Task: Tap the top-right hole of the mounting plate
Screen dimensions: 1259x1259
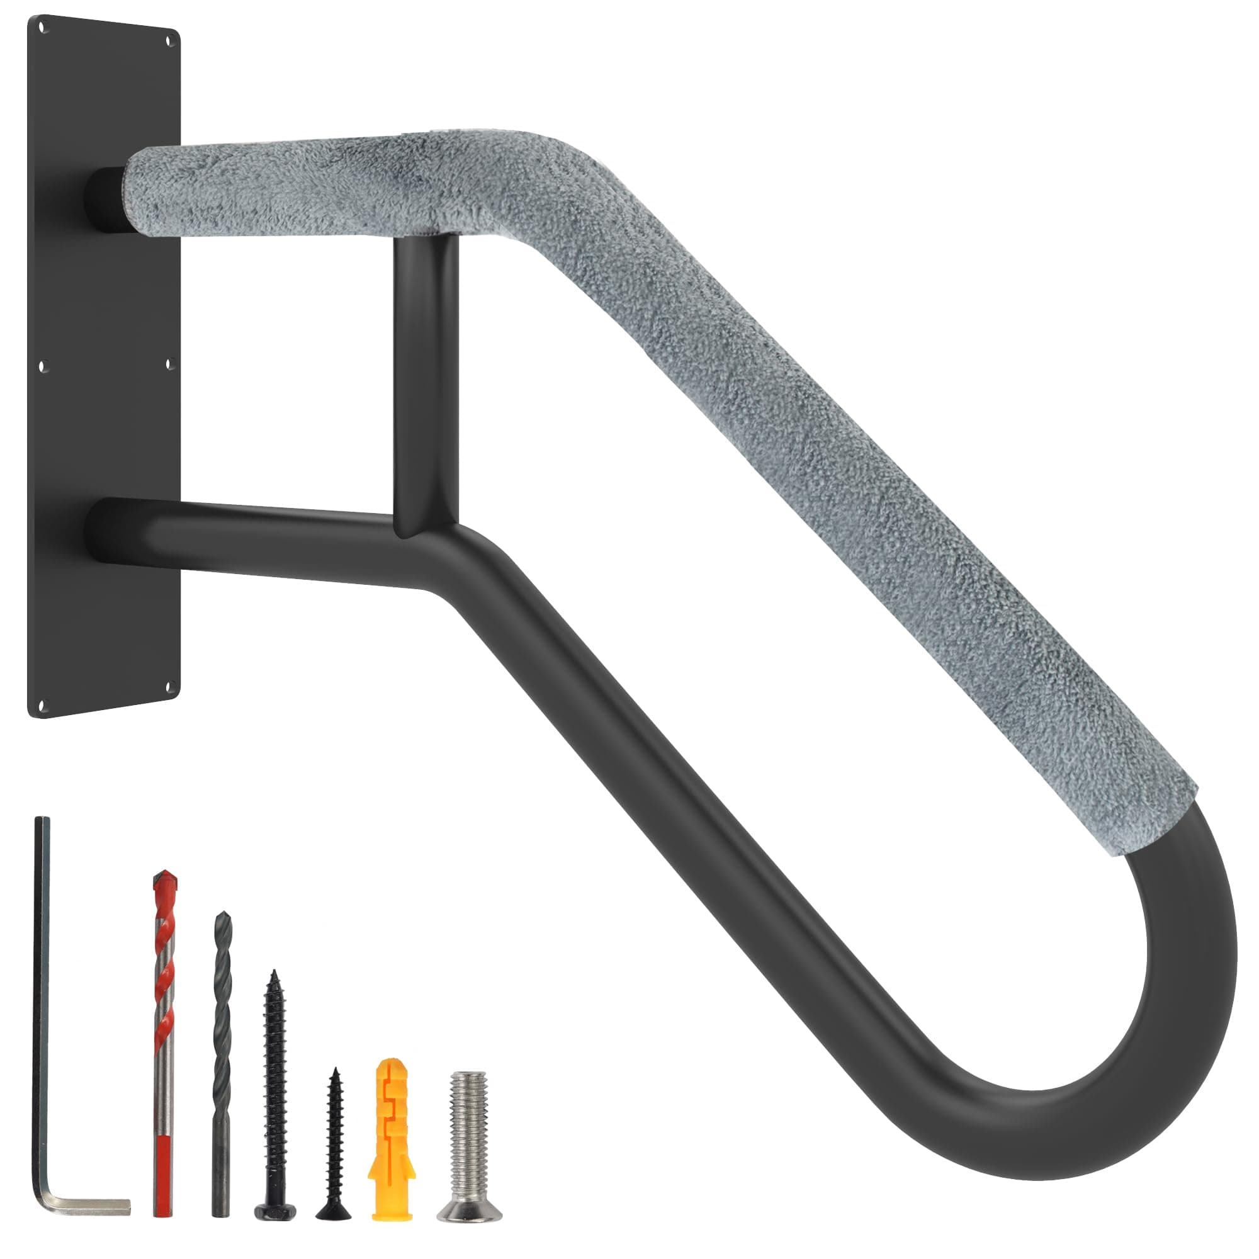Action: click(x=171, y=40)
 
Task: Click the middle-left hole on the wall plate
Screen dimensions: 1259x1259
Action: click(x=43, y=367)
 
